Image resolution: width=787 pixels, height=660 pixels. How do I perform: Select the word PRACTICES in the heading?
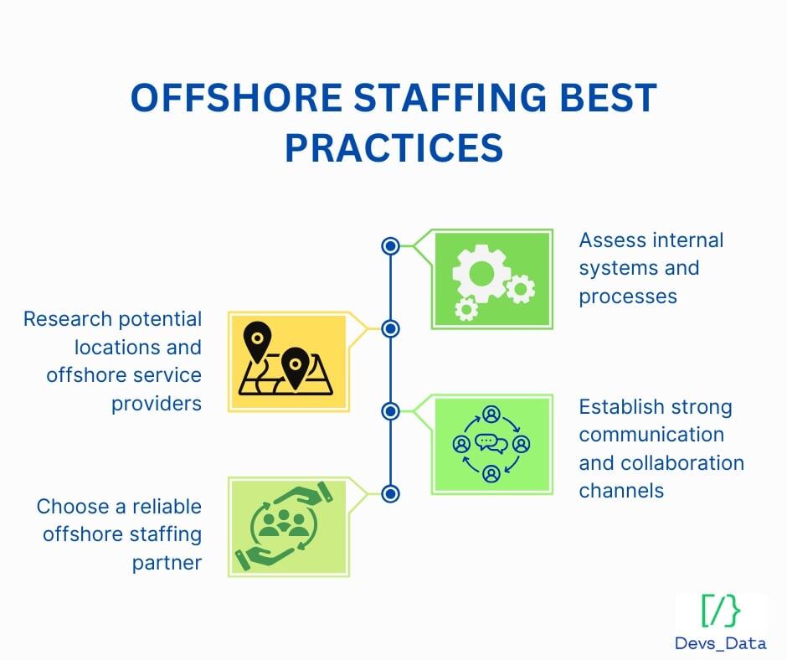tap(393, 147)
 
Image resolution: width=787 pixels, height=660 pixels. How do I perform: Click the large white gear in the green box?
tap(481, 271)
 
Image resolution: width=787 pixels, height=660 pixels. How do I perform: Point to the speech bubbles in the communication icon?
tap(491, 443)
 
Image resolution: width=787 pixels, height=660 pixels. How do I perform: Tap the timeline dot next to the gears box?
tap(389, 246)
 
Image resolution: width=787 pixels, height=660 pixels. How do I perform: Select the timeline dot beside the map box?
tap(389, 328)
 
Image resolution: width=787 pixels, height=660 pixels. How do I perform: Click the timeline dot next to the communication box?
tap(389, 410)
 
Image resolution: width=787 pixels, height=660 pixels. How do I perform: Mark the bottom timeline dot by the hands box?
tap(389, 493)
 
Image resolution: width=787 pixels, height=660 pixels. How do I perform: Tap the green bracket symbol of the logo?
tap(720, 611)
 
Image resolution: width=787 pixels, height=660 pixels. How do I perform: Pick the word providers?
tap(157, 403)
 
